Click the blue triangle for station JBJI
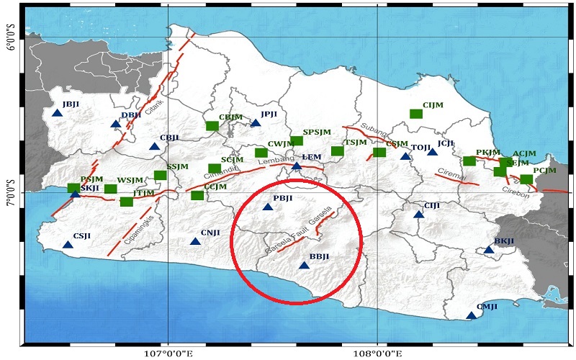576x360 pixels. click(58, 112)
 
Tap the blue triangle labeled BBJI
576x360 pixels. click(304, 266)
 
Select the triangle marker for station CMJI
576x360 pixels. click(472, 315)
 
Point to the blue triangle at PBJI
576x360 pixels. click(268, 207)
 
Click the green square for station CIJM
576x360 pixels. click(415, 114)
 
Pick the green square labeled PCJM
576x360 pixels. click(526, 179)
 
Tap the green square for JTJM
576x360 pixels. click(127, 202)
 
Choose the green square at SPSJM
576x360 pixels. click(297, 140)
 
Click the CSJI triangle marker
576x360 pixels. click(68, 245)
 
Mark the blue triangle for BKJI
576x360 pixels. click(489, 250)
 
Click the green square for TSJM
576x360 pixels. click(337, 151)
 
